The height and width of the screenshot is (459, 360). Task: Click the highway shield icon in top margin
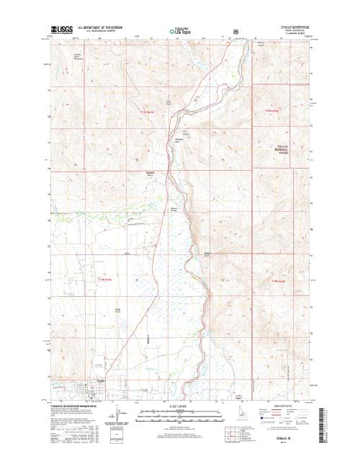point(227,32)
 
